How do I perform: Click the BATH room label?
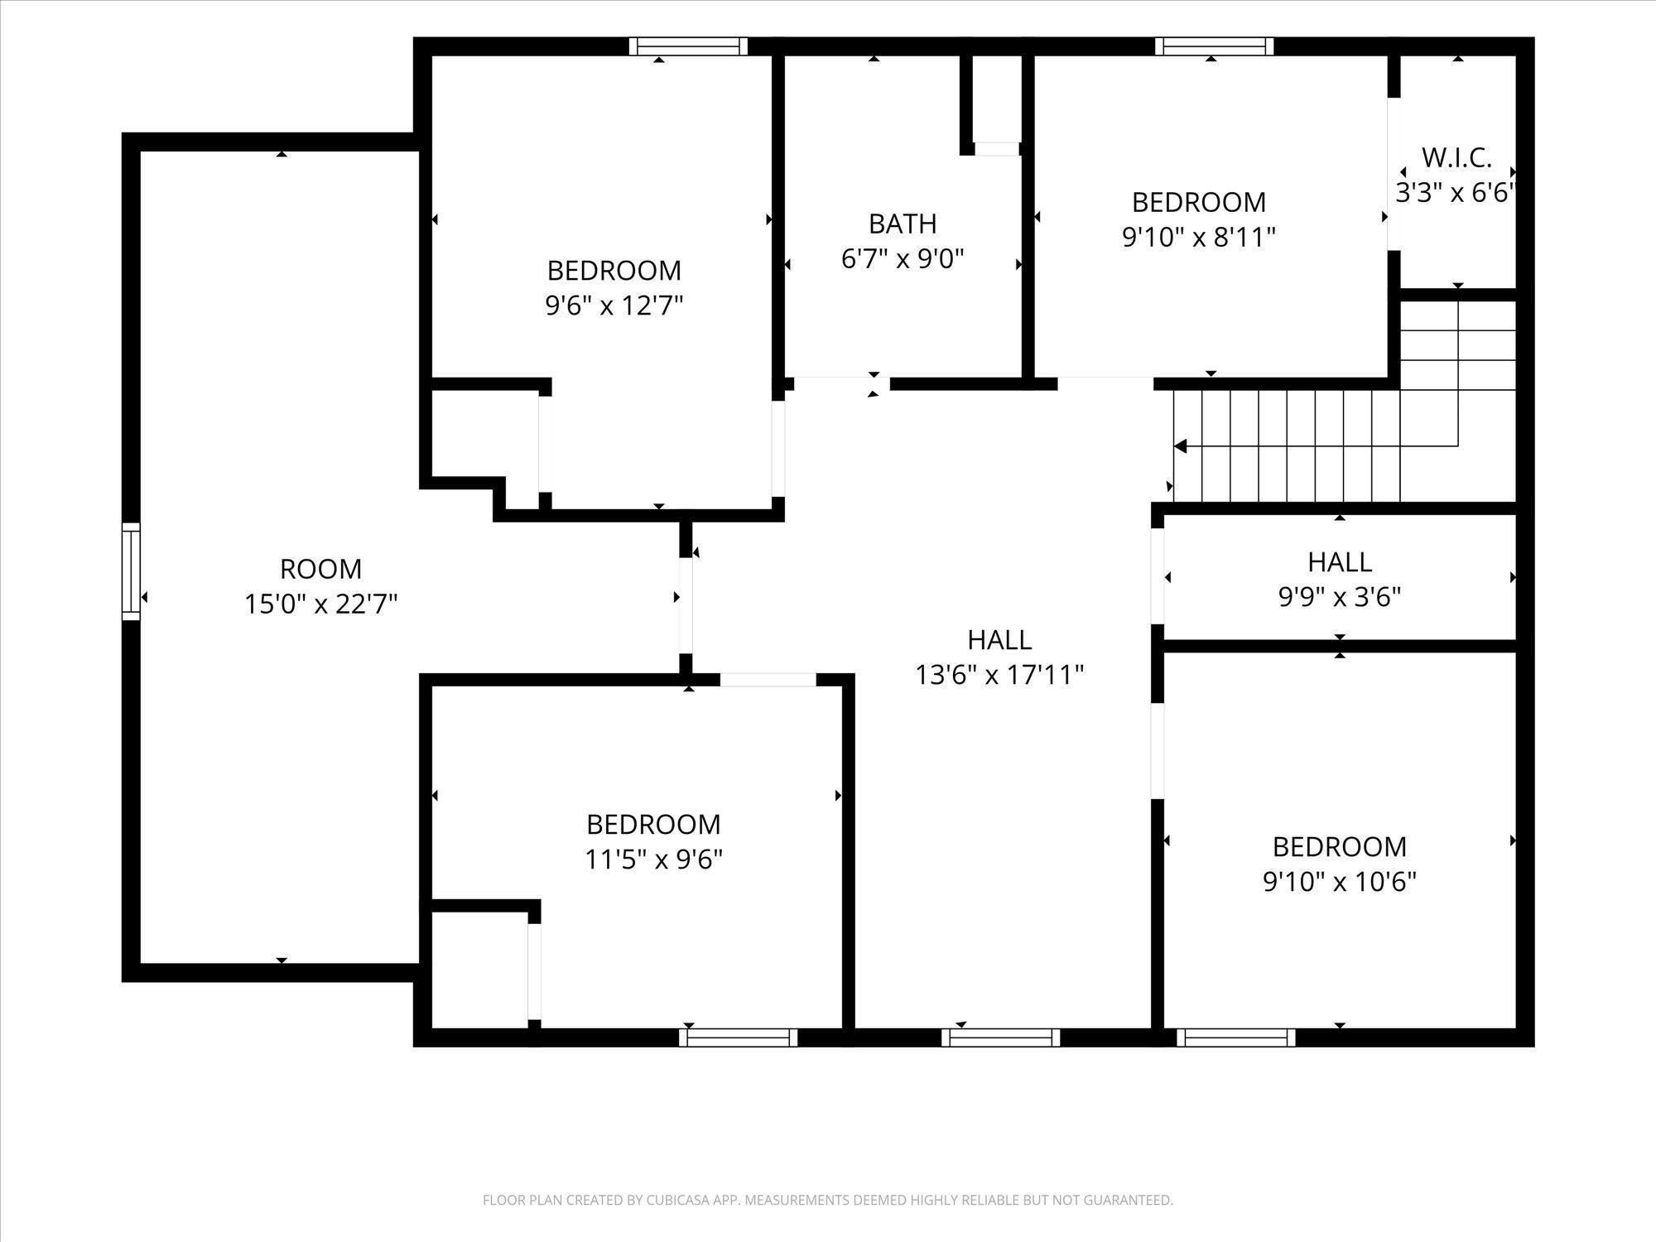click(x=903, y=224)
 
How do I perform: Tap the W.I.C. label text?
click(x=1456, y=157)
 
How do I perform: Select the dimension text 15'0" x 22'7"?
click(x=321, y=604)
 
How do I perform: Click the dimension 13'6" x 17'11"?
click(x=999, y=675)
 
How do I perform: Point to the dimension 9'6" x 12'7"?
click(x=614, y=306)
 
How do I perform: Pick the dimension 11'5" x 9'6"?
click(x=653, y=860)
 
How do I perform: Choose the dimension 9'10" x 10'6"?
click(x=1339, y=882)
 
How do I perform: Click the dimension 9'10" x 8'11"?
click(x=1198, y=238)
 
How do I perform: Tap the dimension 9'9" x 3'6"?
click(x=1340, y=597)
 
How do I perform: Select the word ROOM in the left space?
click(x=321, y=569)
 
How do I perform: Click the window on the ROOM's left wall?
click(x=131, y=571)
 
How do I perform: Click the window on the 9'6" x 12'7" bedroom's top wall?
click(x=688, y=46)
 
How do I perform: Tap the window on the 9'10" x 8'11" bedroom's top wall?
click(x=1215, y=46)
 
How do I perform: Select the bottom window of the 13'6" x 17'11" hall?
click(x=1000, y=1037)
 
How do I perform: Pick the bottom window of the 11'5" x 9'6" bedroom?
click(x=739, y=1037)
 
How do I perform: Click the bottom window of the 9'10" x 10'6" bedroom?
click(x=1236, y=1037)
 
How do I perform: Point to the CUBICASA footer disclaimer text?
click(x=828, y=1200)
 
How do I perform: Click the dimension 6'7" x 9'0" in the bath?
click(x=903, y=259)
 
